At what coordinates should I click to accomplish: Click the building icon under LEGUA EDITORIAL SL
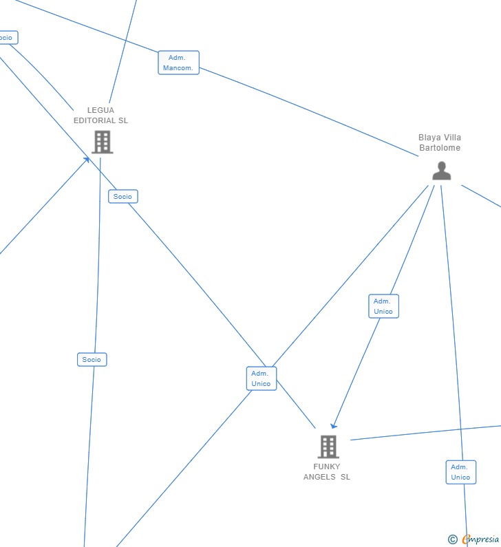click(x=103, y=142)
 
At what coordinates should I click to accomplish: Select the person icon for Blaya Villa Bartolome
click(x=441, y=171)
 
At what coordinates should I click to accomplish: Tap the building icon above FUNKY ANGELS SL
click(x=328, y=447)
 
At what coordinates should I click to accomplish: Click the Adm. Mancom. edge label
click(x=178, y=63)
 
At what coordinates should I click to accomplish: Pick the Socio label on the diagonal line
click(x=123, y=197)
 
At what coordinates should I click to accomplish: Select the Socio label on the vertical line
click(x=92, y=359)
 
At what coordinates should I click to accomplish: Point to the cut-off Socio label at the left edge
click(x=7, y=38)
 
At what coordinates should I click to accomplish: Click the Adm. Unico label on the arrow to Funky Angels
click(x=383, y=306)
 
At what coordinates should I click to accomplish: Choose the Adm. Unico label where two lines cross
click(x=262, y=378)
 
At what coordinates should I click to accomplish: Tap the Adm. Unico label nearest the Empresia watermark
click(x=460, y=472)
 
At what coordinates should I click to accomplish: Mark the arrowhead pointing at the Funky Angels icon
click(x=333, y=427)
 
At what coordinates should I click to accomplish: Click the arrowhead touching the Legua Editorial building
click(x=87, y=160)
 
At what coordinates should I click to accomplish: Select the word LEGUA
click(x=100, y=110)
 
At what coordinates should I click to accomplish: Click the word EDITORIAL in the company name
click(x=94, y=120)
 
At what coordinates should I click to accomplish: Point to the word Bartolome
click(x=440, y=148)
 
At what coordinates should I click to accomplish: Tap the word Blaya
click(x=429, y=138)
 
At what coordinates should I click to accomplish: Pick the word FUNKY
click(x=326, y=466)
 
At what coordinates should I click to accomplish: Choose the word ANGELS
click(x=319, y=477)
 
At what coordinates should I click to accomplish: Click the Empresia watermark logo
click(x=480, y=539)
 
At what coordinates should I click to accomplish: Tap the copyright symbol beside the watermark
click(x=452, y=539)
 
